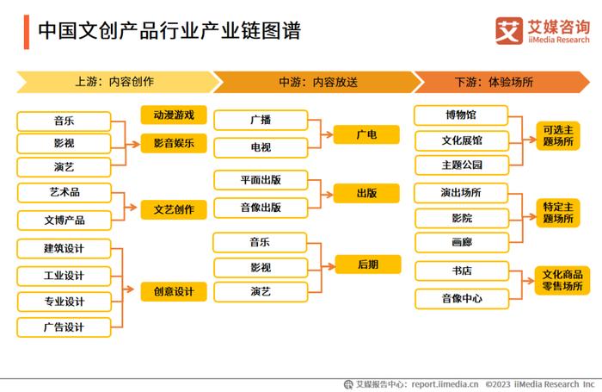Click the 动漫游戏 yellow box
coord(174,115)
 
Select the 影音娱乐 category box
coord(174,144)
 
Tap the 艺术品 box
coord(64,192)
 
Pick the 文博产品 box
coord(64,221)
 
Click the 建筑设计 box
coord(64,248)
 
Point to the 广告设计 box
coord(64,327)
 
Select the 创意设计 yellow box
coord(174,291)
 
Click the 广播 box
coord(261,120)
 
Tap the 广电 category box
coord(366,134)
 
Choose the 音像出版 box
coord(261,208)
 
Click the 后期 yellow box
coord(368,264)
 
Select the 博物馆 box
coord(461,115)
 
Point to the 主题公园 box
coord(462,165)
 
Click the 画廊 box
coord(462,242)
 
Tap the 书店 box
coord(462,271)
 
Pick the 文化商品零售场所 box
coord(562,281)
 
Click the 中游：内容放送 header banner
coord(318,82)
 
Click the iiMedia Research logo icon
coord(509,31)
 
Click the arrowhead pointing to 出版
coord(329,195)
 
